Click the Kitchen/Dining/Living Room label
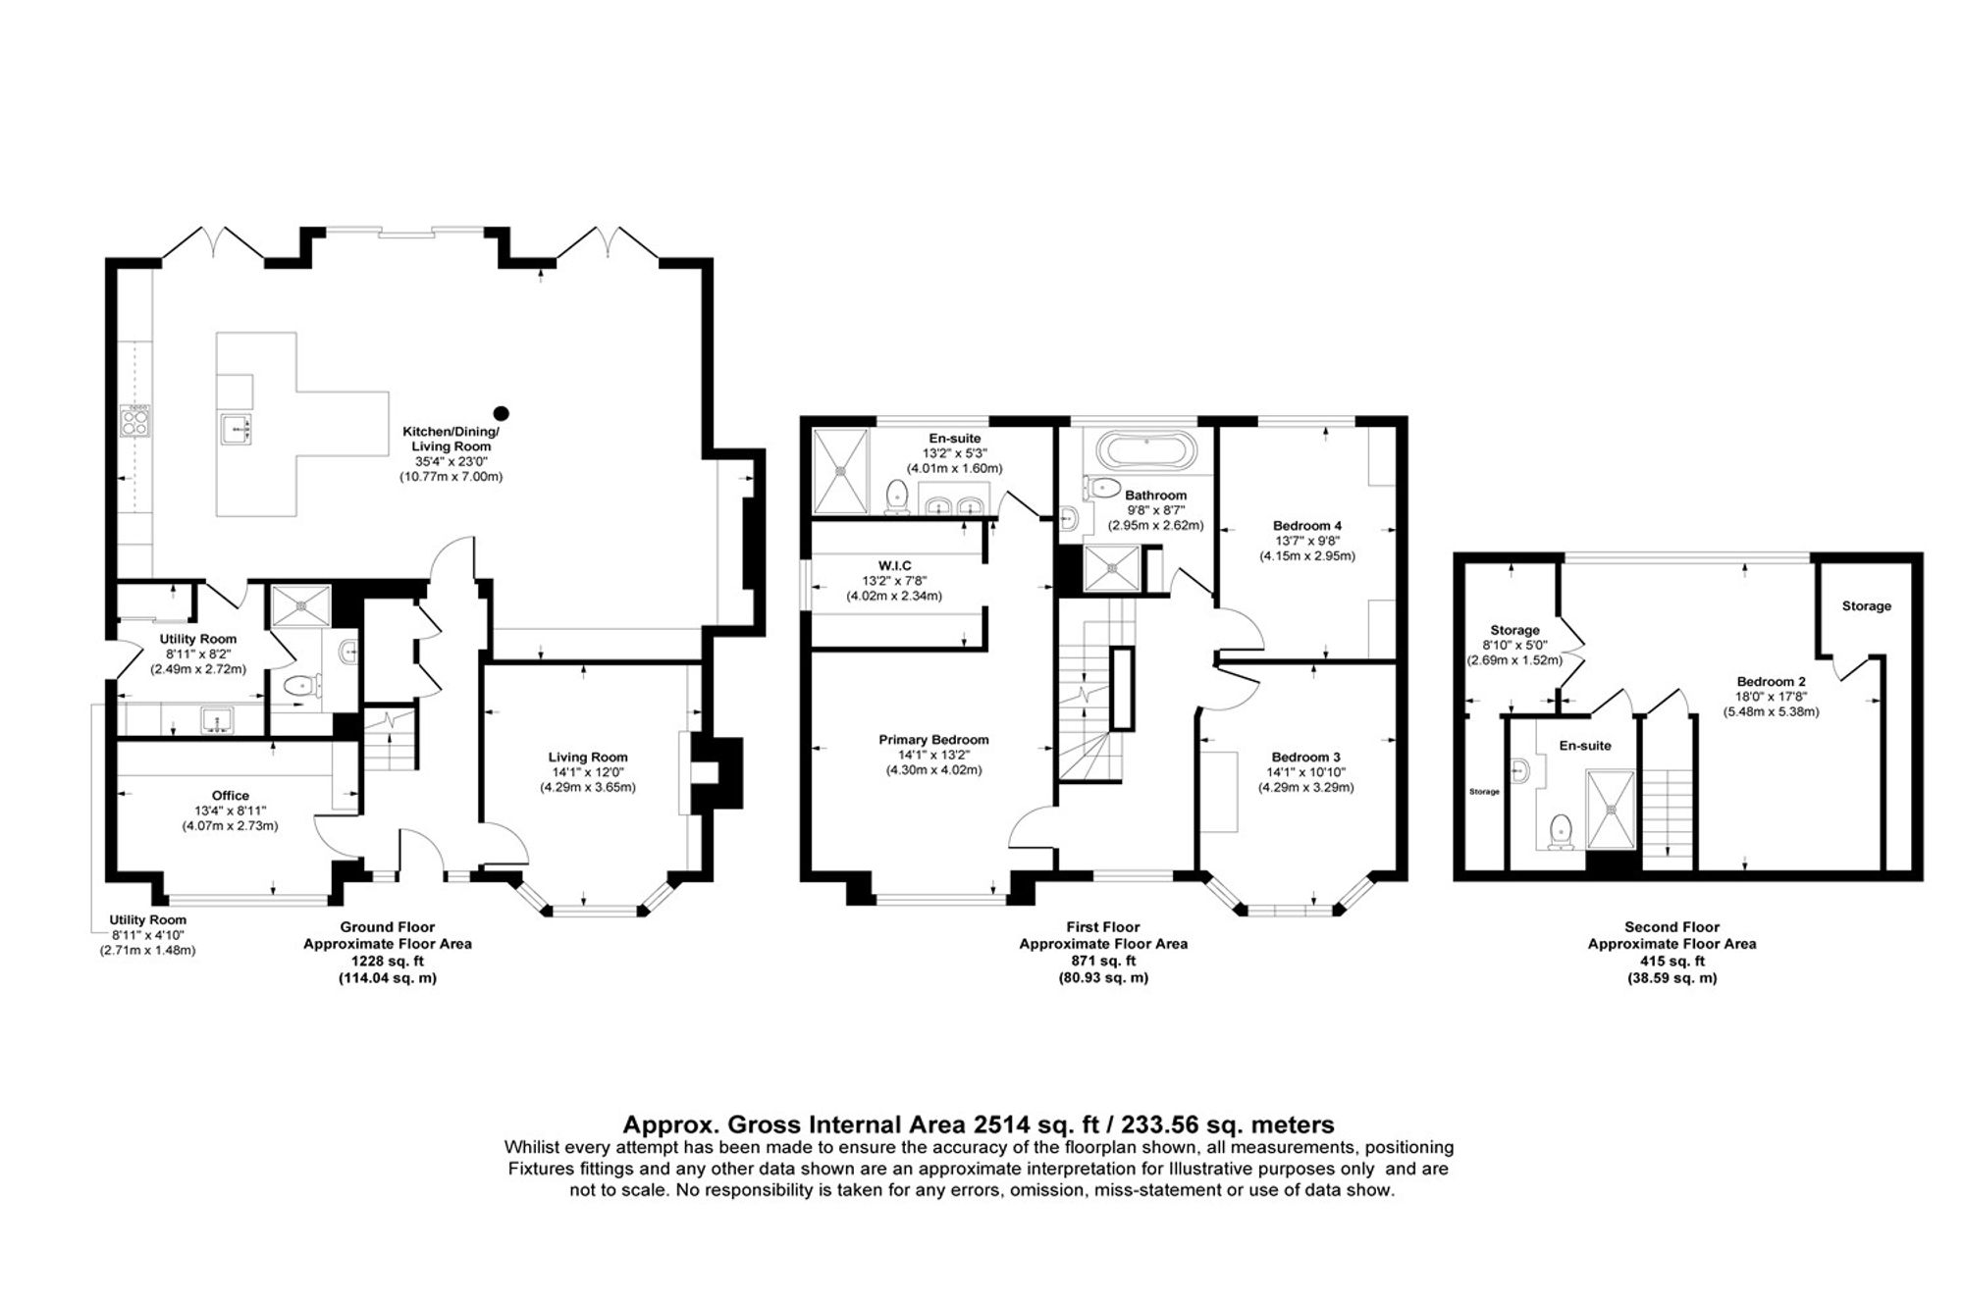click(451, 440)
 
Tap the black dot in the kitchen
click(502, 413)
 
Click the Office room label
click(231, 796)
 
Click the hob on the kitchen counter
click(134, 420)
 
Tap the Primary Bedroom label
click(933, 740)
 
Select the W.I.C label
click(894, 566)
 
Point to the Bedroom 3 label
click(1305, 757)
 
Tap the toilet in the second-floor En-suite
click(1558, 832)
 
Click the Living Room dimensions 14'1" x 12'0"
click(588, 772)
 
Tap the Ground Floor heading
click(388, 927)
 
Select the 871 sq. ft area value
click(1103, 961)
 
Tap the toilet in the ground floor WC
click(297, 688)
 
